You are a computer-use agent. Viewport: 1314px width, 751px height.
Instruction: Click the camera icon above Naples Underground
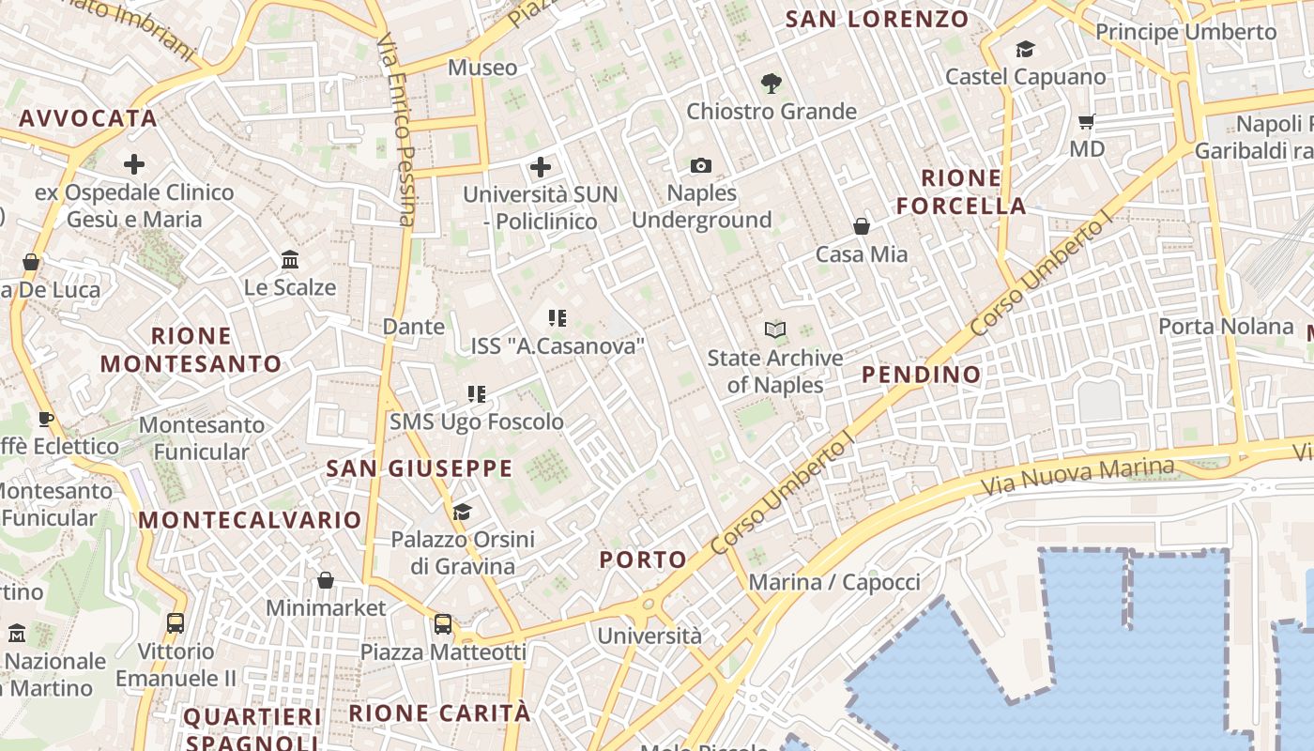(700, 166)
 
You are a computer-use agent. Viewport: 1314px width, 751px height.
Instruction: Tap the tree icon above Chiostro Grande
(772, 84)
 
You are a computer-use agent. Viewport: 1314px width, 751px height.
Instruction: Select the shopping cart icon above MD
(1087, 121)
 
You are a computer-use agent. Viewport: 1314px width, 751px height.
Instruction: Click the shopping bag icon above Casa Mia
(862, 226)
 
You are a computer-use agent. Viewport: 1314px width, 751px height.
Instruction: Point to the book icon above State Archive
(774, 330)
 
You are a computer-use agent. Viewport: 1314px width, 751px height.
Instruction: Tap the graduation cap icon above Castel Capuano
(1025, 49)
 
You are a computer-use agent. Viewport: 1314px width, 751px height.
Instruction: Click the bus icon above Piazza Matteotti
(443, 623)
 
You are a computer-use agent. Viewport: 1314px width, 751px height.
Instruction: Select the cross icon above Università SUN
(541, 167)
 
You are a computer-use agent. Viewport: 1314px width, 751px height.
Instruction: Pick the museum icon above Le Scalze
(290, 259)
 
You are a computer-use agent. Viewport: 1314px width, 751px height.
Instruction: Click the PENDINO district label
(921, 375)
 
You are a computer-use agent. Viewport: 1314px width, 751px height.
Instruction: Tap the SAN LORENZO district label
(877, 19)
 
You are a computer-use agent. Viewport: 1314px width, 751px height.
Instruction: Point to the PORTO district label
(643, 560)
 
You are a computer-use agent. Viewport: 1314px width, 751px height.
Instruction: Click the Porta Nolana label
(1226, 327)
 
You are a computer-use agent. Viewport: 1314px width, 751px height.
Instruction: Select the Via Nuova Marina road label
(1077, 478)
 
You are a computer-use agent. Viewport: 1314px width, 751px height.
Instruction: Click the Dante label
(414, 327)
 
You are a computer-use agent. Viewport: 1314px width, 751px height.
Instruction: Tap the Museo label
(482, 68)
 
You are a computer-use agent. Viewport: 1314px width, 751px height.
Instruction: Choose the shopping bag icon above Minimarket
(326, 580)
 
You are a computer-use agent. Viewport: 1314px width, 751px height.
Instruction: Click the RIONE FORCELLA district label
(961, 192)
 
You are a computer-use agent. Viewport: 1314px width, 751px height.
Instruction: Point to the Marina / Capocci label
(834, 582)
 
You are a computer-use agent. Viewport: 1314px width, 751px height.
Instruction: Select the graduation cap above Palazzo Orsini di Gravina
(462, 512)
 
